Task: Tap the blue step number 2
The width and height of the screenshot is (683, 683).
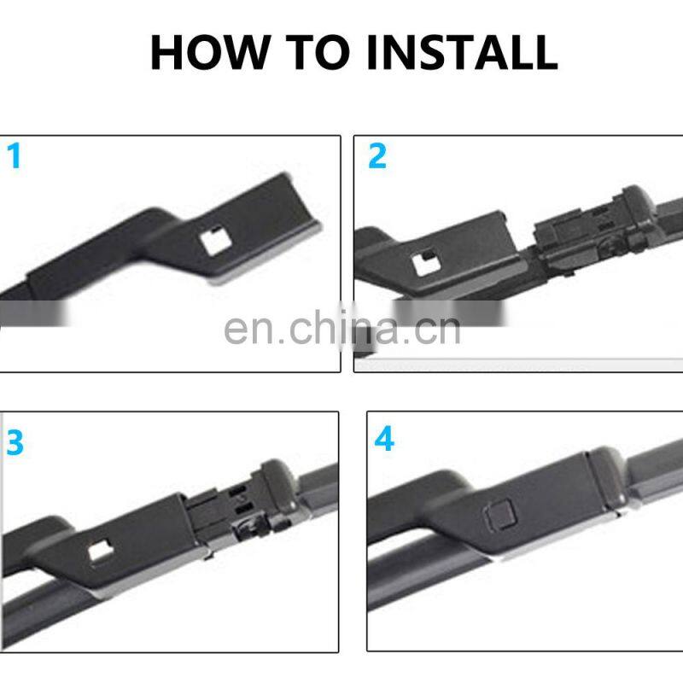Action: (x=377, y=156)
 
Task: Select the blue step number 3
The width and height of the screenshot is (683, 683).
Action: (x=15, y=443)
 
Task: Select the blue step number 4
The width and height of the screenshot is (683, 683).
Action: (x=383, y=440)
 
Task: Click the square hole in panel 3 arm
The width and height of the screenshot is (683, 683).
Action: (x=101, y=551)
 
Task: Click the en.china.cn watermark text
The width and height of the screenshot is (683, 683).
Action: (x=341, y=330)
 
